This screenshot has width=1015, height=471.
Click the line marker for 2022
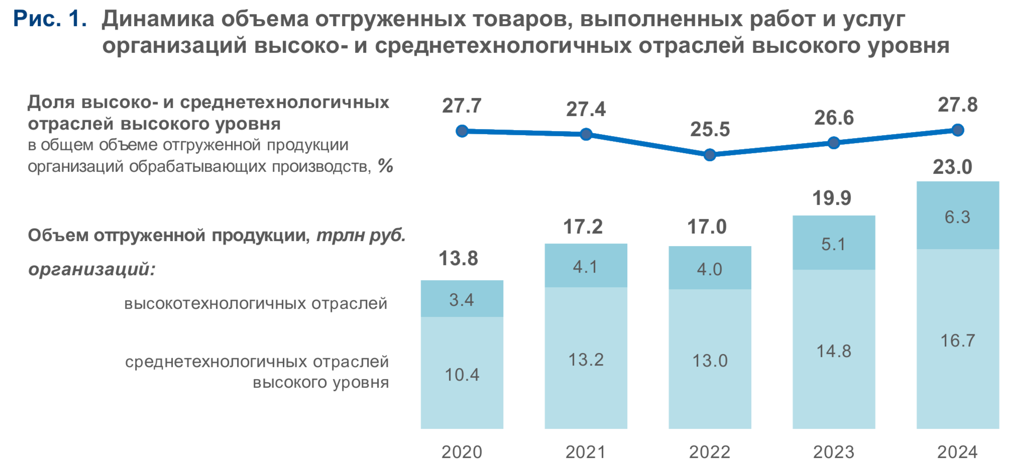pos(709,155)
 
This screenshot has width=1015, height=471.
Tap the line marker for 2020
pos(462,131)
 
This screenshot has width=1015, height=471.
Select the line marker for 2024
pos(957,130)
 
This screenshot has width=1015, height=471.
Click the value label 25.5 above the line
pos(710,130)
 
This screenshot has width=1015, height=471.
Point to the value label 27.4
pos(586,109)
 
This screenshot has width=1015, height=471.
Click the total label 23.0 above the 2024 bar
pos(952,167)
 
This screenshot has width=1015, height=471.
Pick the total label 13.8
pos(458,259)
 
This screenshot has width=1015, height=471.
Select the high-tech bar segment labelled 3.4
pos(462,299)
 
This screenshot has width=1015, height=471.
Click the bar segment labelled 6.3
pos(957,216)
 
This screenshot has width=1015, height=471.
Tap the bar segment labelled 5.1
pos(833,244)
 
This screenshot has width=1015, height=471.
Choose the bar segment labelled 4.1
pos(586,266)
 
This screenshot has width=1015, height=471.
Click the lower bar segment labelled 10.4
pos(462,374)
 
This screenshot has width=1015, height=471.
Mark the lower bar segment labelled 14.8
pos(833,350)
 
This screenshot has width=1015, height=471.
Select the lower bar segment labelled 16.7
pos(957,340)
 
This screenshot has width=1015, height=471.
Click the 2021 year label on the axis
pos(586,452)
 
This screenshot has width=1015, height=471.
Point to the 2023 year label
pos(833,452)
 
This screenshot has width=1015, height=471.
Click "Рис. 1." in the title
pos(50,19)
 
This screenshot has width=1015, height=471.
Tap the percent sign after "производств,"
pos(385,166)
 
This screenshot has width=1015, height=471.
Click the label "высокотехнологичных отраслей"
pos(256,303)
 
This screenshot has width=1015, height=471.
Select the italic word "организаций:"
pos(92,269)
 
